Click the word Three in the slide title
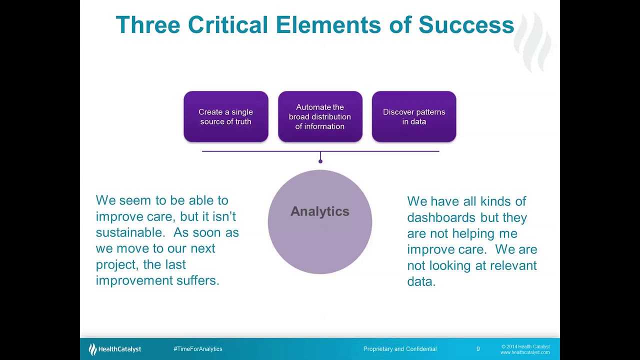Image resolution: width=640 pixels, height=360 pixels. (x=147, y=25)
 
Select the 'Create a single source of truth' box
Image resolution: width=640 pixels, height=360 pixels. (x=225, y=117)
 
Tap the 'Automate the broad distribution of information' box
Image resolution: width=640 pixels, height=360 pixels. (x=320, y=117)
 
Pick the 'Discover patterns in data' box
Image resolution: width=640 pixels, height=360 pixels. (x=414, y=117)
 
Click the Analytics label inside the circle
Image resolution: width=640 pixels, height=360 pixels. (x=320, y=211)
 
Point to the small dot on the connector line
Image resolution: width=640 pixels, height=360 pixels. (x=320, y=161)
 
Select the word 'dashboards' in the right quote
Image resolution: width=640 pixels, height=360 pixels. (x=441, y=217)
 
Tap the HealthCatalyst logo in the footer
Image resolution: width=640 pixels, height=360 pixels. (x=115, y=349)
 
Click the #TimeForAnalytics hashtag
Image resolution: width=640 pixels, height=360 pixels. (x=198, y=349)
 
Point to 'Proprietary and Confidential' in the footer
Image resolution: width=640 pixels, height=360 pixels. (x=400, y=349)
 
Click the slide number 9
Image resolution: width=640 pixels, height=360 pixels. (x=478, y=349)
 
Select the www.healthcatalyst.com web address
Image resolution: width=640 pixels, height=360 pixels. (x=525, y=352)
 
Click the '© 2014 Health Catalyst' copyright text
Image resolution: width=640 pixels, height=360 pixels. (x=525, y=346)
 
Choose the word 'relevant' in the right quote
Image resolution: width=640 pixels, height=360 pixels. (x=513, y=265)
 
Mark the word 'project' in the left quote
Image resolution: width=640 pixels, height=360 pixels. (x=115, y=264)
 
